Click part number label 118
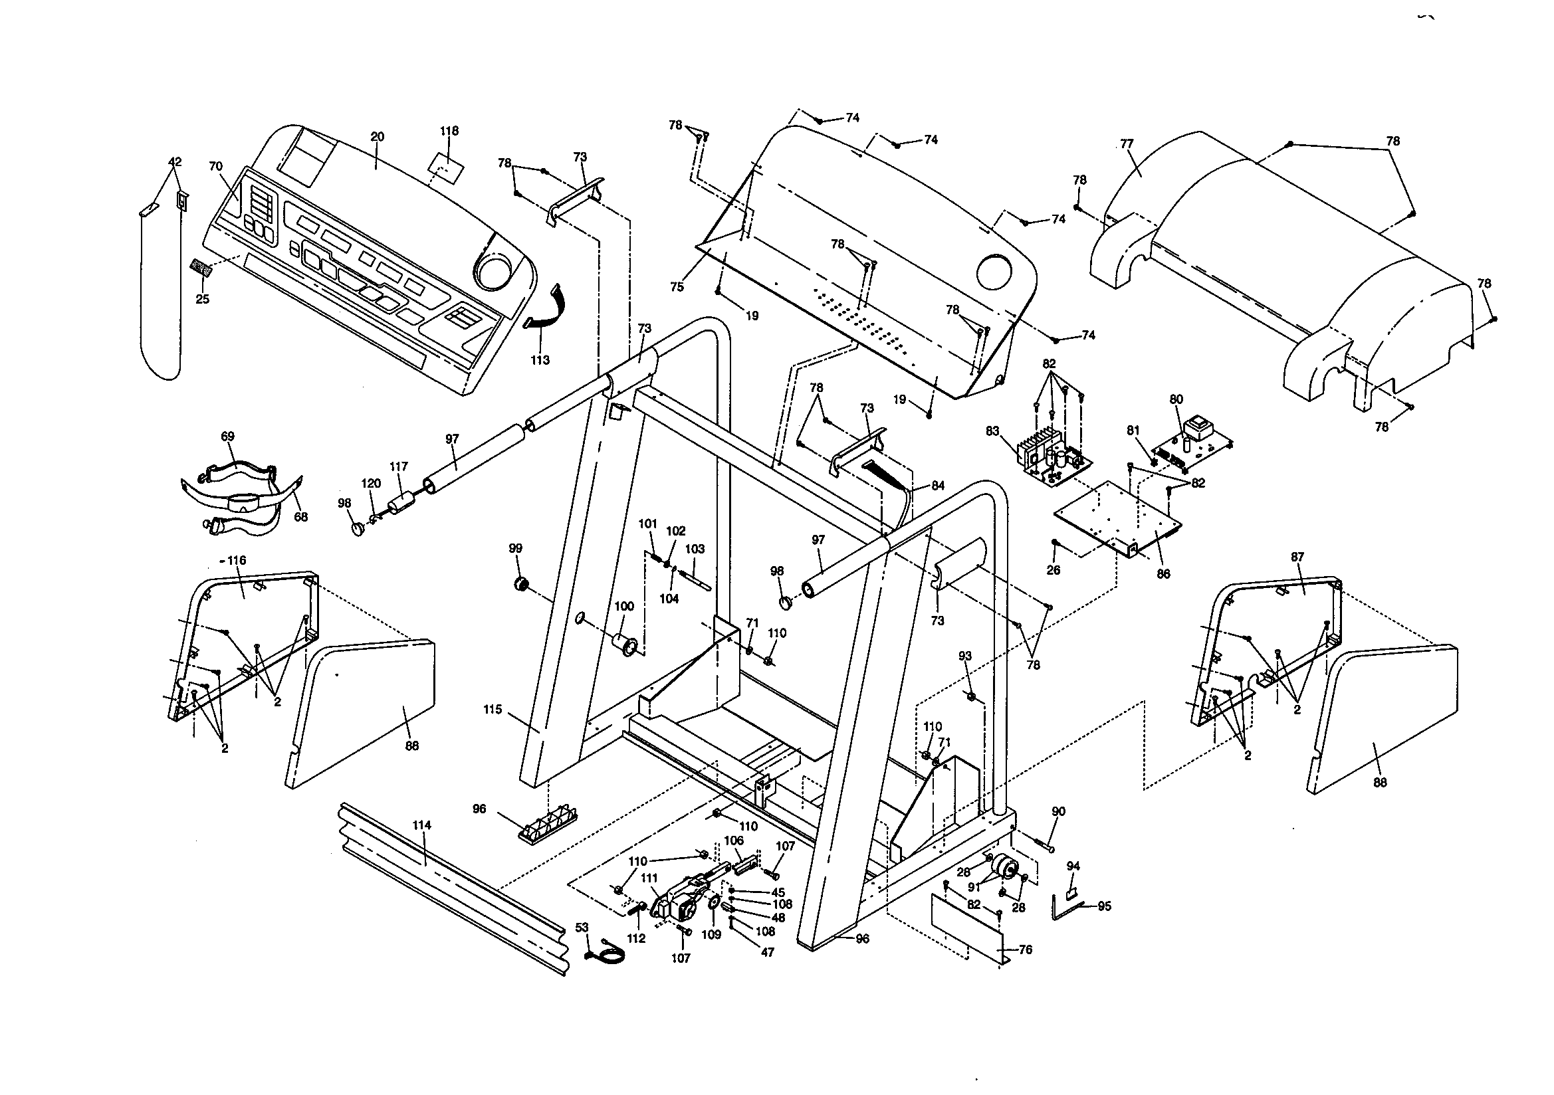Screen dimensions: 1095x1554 pos(449,131)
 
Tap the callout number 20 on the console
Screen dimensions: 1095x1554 pos(378,136)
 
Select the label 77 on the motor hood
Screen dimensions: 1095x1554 pos(1126,144)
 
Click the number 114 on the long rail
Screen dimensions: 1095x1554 pos(421,825)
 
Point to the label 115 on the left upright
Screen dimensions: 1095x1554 pos(493,709)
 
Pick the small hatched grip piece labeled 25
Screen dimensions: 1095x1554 pos(201,268)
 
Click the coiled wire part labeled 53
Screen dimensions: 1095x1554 pos(607,954)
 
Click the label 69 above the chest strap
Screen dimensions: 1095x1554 pos(227,437)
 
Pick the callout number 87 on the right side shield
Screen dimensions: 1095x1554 pos(1297,557)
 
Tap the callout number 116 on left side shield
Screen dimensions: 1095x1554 pos(236,560)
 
